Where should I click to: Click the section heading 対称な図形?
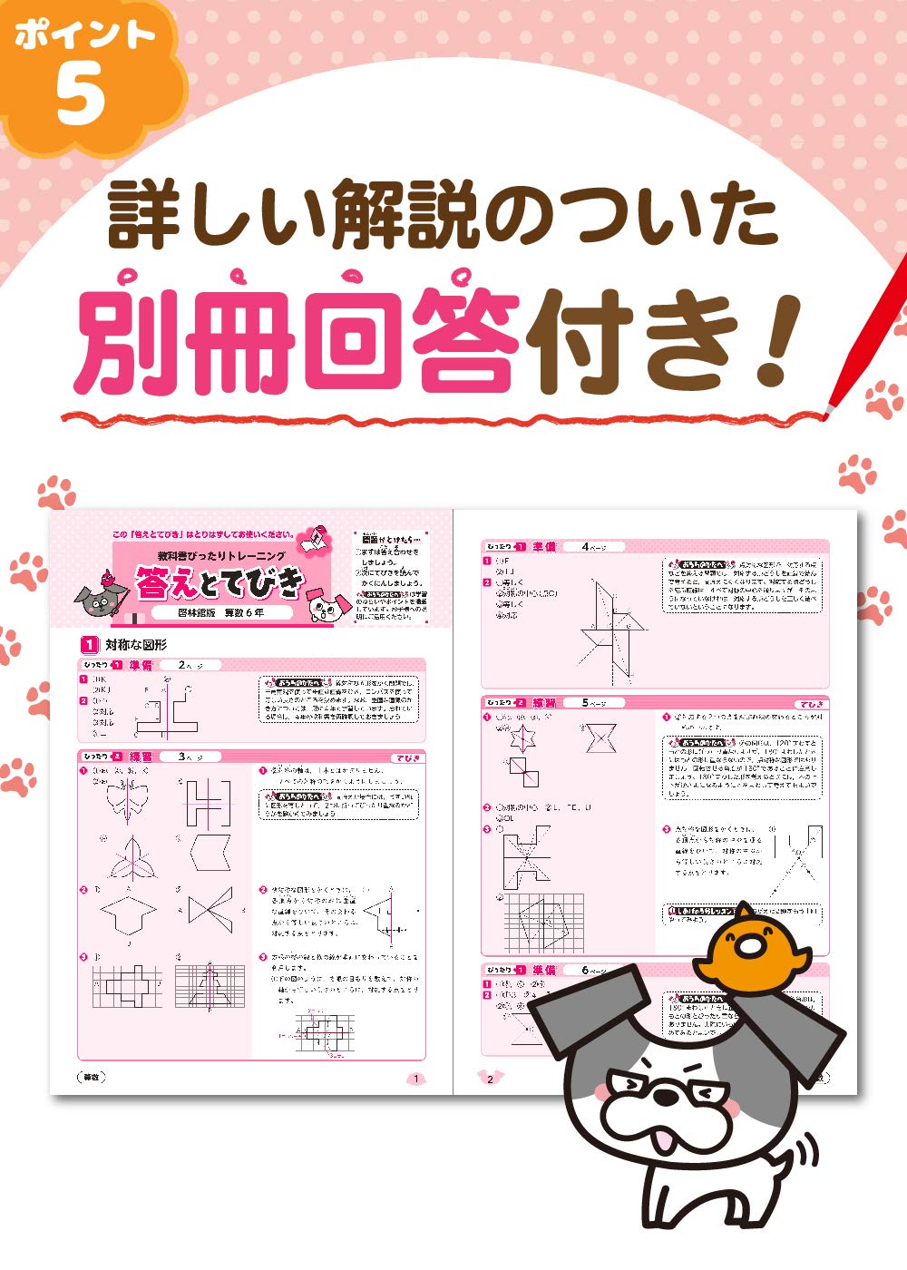[x=136, y=645]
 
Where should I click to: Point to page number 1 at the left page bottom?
[x=416, y=1079]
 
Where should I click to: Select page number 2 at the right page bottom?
[x=490, y=1079]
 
